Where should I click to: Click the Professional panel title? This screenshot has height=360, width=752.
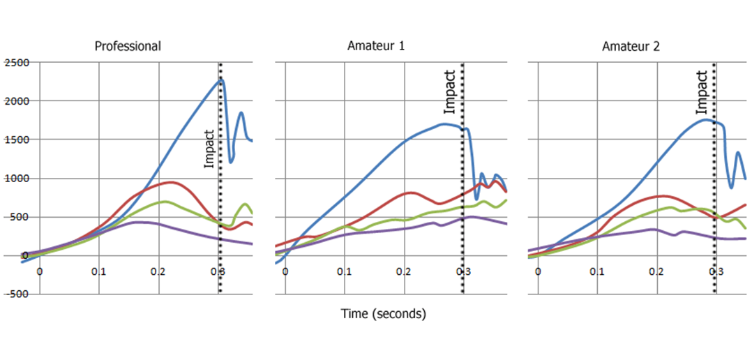[128, 47]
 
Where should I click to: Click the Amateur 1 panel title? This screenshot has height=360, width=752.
[376, 47]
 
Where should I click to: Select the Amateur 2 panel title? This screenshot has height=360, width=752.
[631, 47]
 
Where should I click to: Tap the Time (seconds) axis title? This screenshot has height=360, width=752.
[383, 314]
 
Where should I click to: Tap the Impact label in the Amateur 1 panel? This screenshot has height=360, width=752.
[450, 92]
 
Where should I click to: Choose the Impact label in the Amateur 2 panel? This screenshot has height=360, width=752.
[702, 92]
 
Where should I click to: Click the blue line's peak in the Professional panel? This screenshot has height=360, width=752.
[220, 80]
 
